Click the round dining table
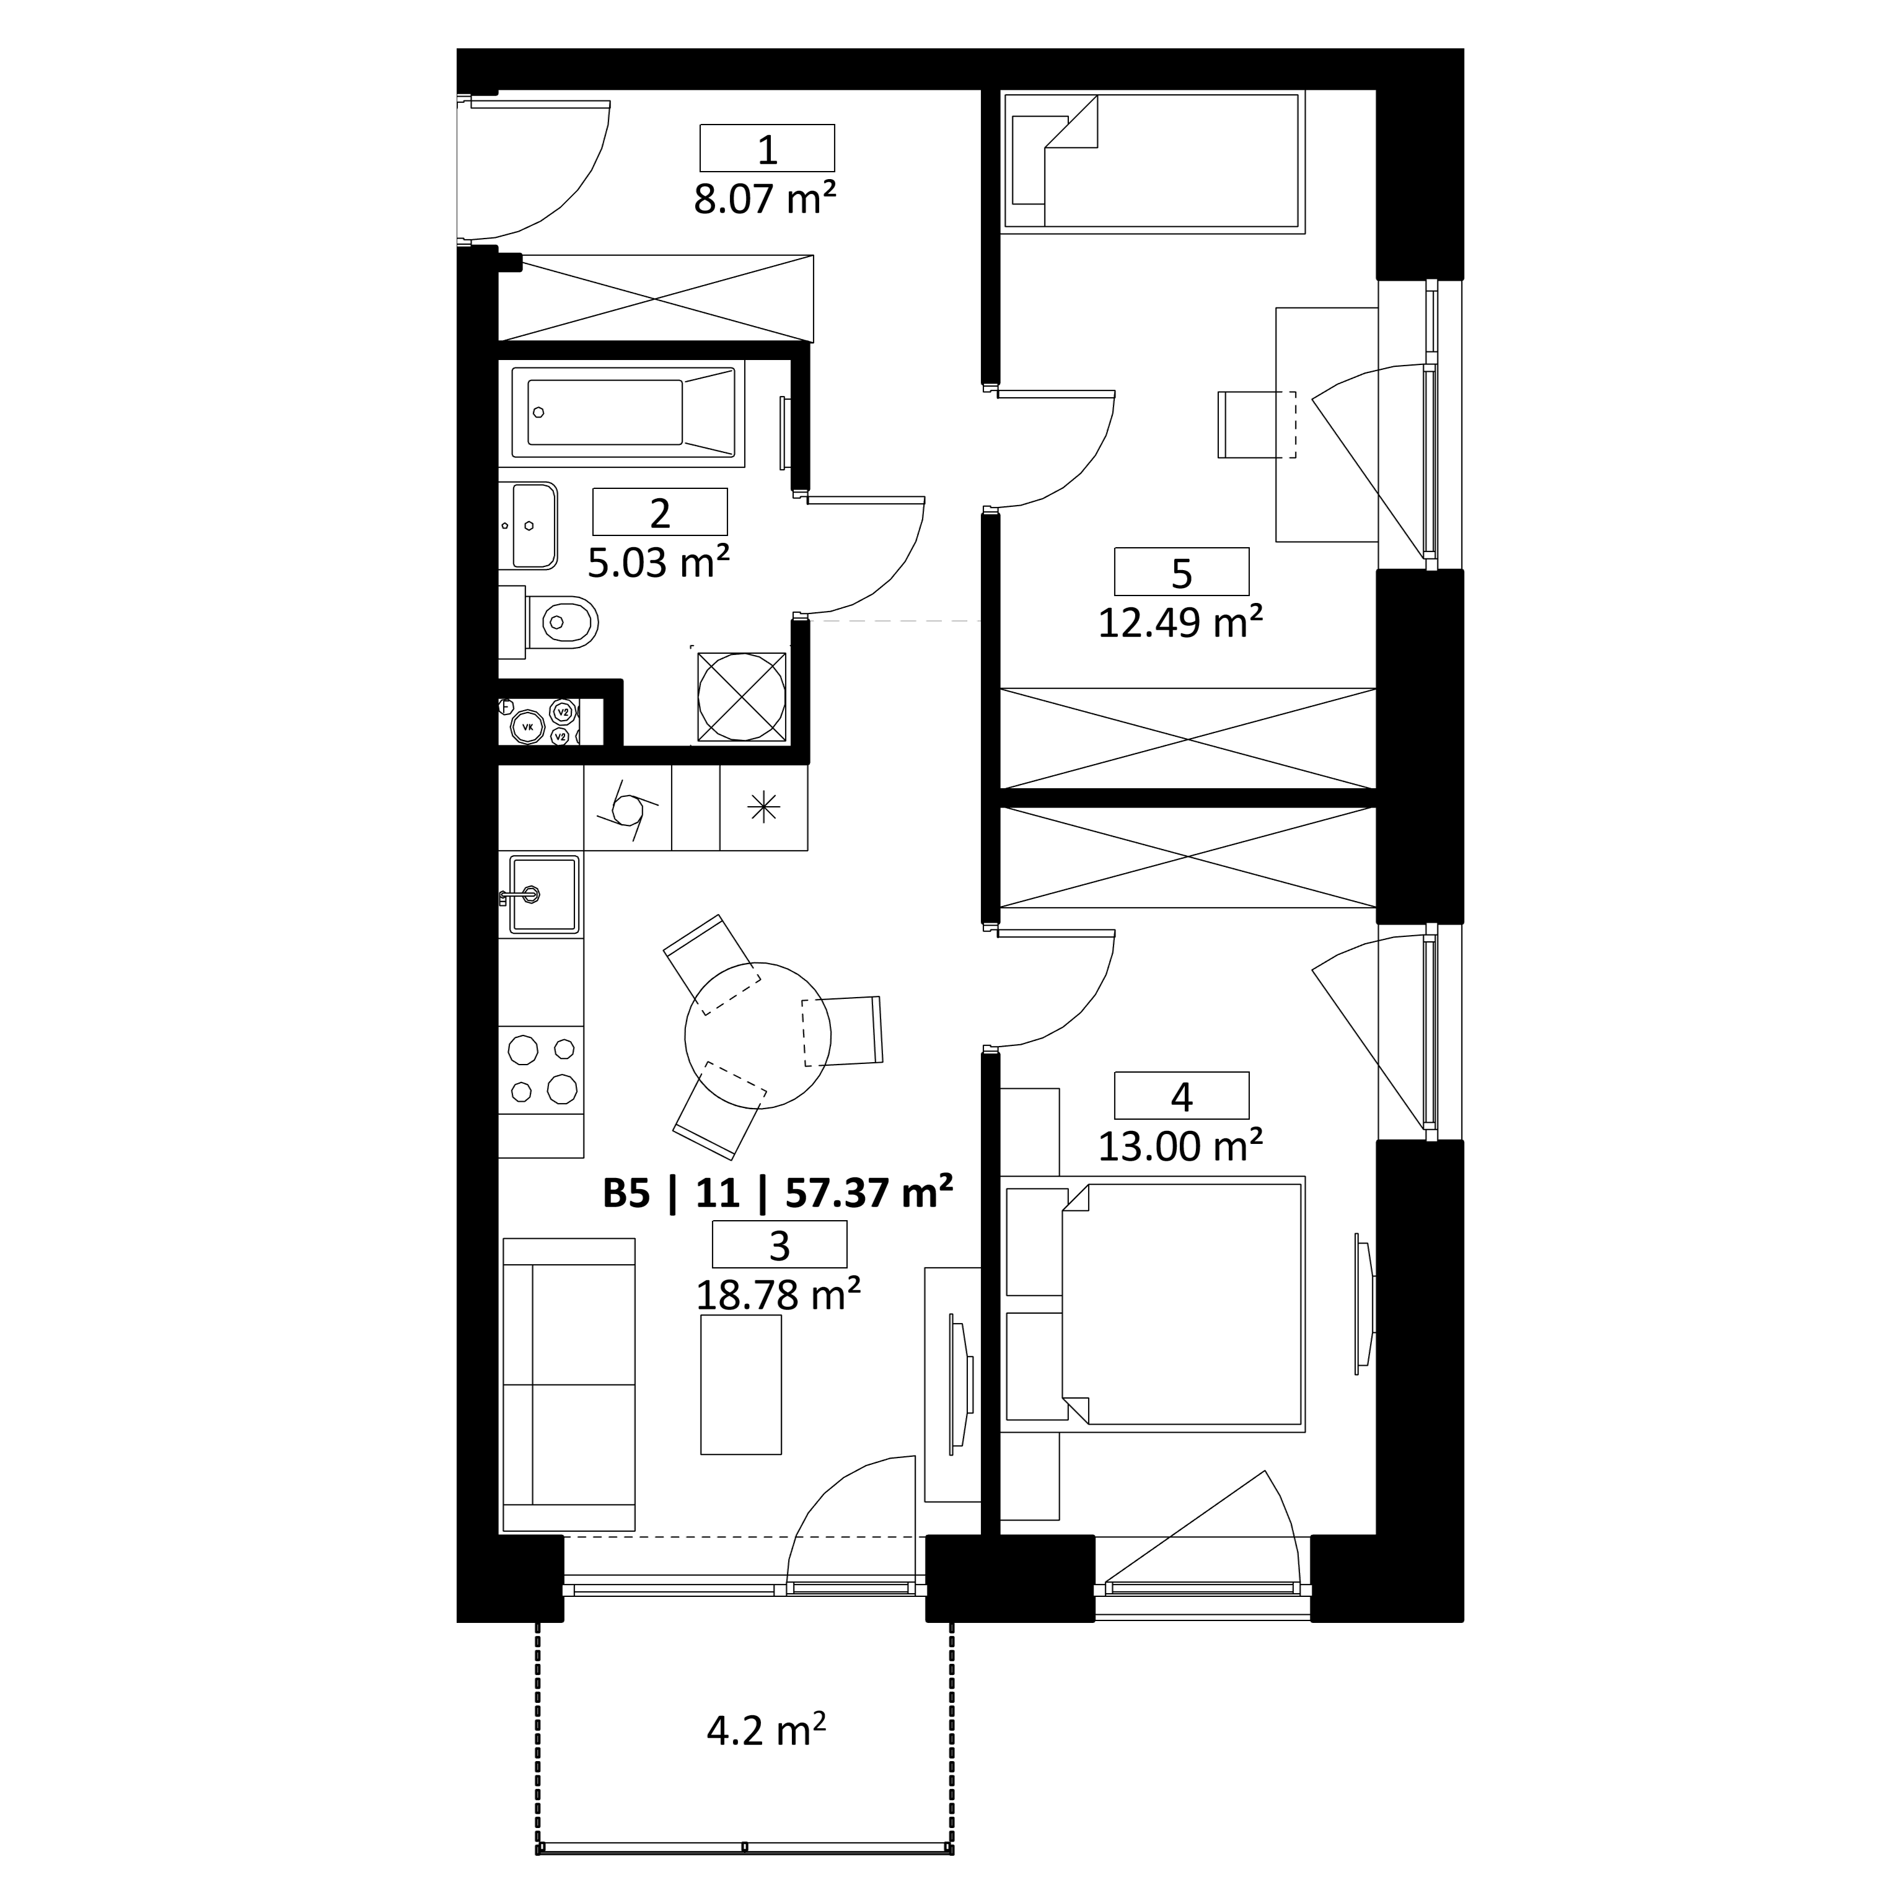point(758,1035)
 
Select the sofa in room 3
point(568,1384)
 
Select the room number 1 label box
point(767,149)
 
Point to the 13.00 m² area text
point(1180,1146)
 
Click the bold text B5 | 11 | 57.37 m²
point(778,1193)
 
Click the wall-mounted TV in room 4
point(1365,1302)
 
